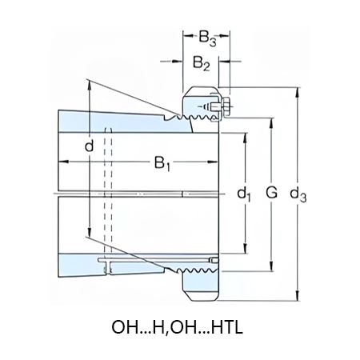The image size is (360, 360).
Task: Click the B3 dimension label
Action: click(x=207, y=37)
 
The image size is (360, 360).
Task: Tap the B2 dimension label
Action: click(x=201, y=64)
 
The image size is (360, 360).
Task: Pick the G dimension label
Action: click(x=271, y=194)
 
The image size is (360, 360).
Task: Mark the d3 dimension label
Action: click(x=298, y=194)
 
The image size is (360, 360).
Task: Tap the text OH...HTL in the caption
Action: click(x=210, y=327)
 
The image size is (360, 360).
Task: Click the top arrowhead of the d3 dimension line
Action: click(x=298, y=90)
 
